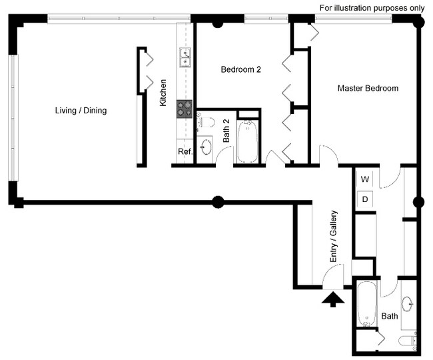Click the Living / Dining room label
tap(81, 111)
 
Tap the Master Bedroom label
tap(367, 89)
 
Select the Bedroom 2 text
tap(240, 69)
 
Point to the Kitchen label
tap(163, 93)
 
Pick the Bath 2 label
tap(226, 131)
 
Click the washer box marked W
tap(365, 179)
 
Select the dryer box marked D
tap(365, 199)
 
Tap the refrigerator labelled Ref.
tap(185, 152)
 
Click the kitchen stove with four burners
tap(185, 109)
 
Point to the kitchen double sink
tap(185, 58)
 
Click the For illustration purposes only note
tap(372, 8)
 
